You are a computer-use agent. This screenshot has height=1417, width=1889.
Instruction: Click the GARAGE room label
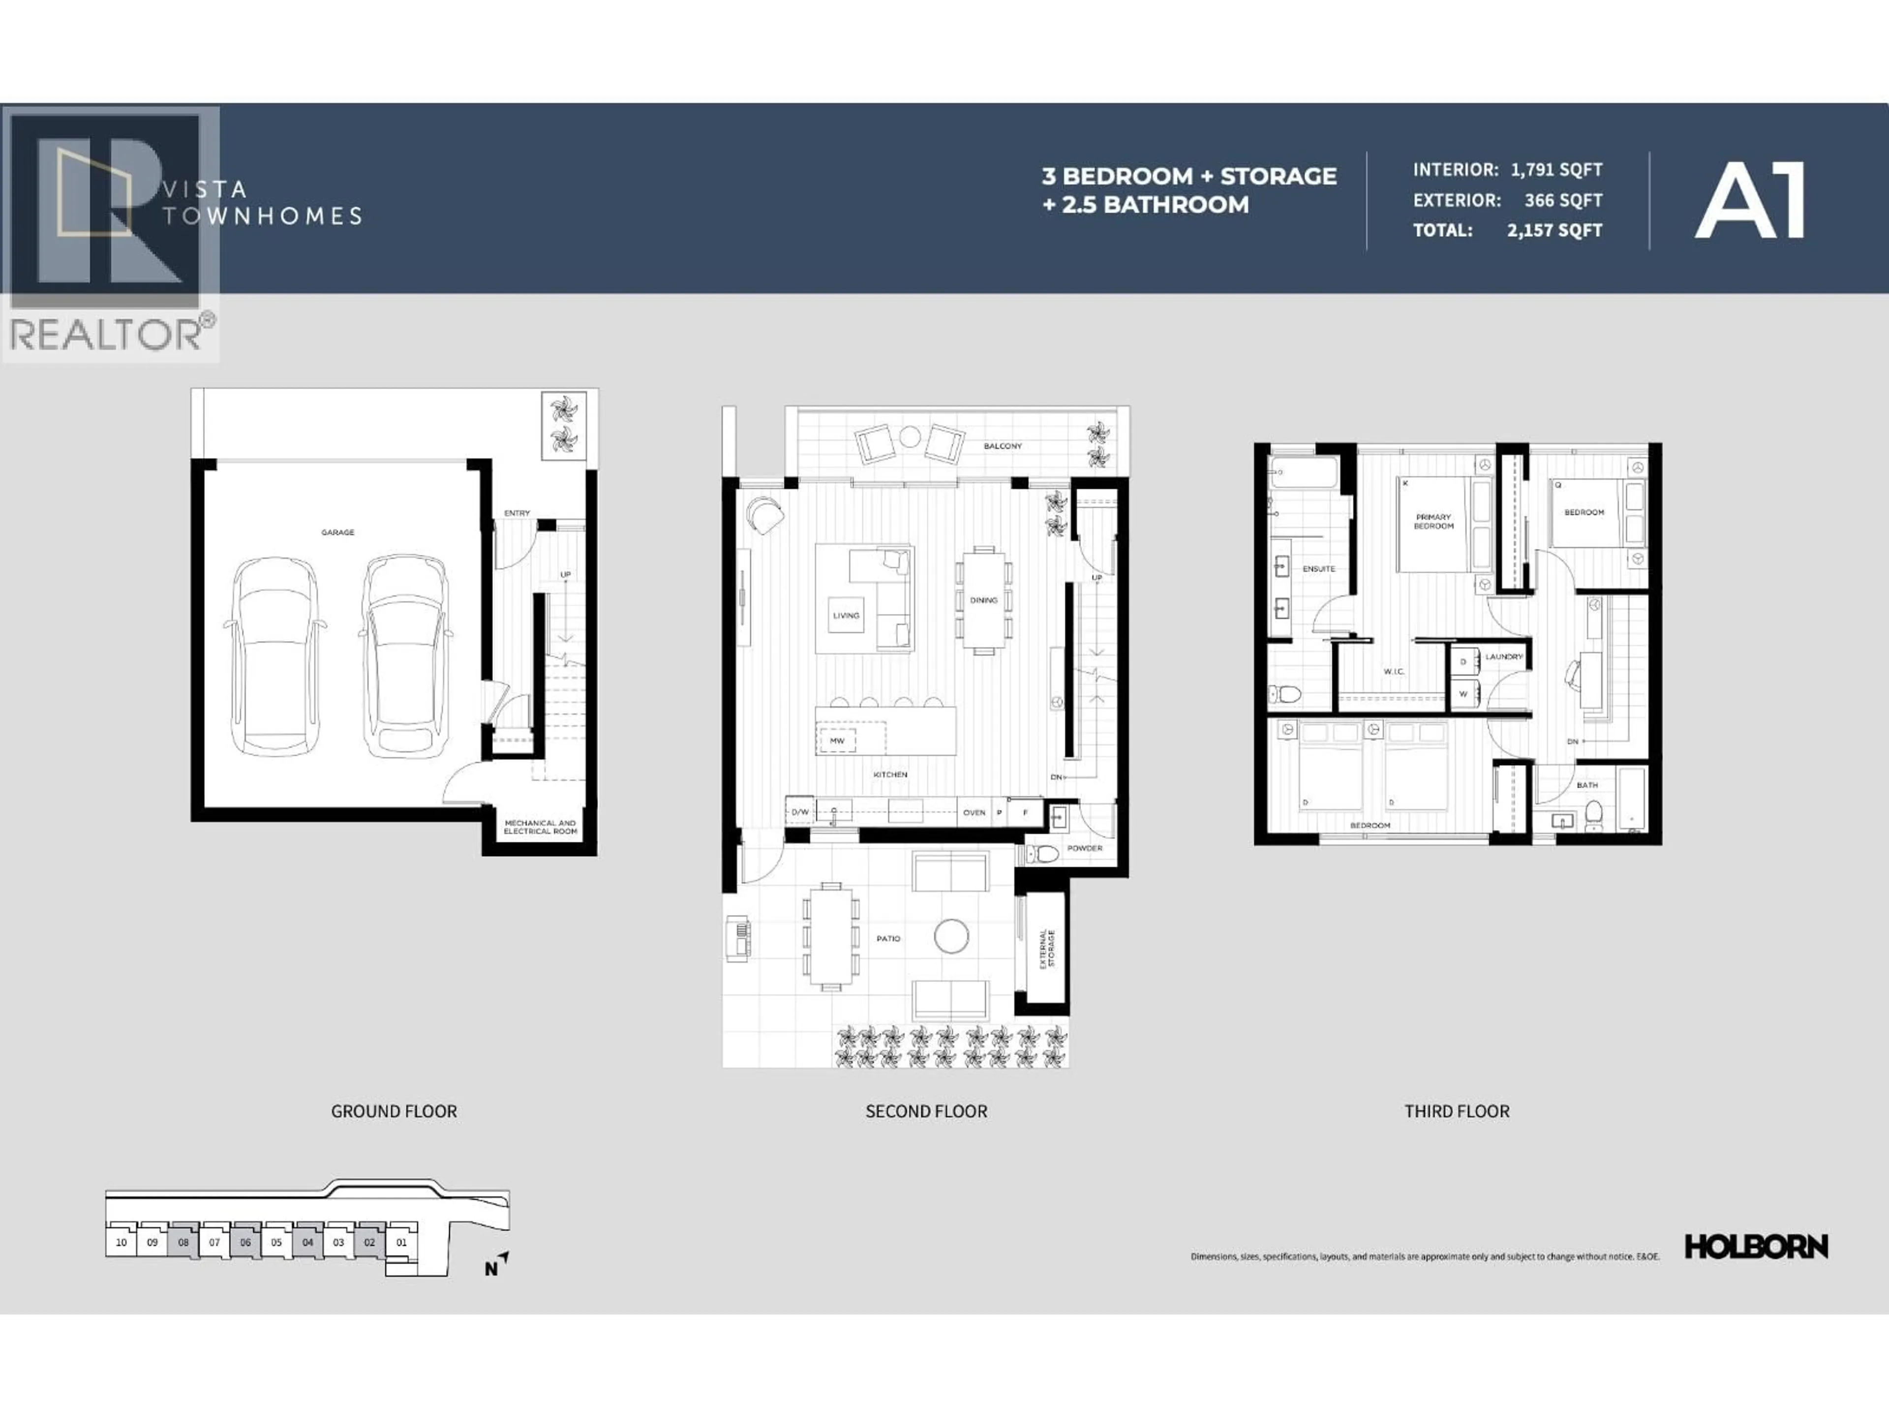pyautogui.click(x=337, y=532)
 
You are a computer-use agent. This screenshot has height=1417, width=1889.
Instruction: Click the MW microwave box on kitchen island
pyautogui.click(x=837, y=740)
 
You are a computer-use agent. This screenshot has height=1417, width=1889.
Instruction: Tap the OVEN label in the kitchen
pyautogui.click(x=974, y=812)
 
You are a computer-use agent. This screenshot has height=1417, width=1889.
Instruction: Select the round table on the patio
pyautogui.click(x=950, y=936)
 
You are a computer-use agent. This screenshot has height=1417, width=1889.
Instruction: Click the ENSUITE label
pyautogui.click(x=1318, y=569)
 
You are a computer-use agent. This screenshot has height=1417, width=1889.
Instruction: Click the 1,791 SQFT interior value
pyautogui.click(x=1556, y=169)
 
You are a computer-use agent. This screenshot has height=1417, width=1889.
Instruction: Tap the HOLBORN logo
pyautogui.click(x=1756, y=1247)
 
